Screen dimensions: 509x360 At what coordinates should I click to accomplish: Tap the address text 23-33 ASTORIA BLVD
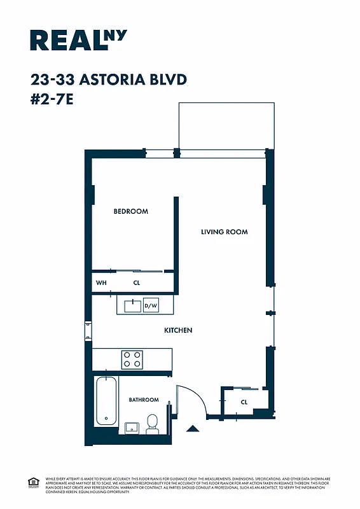(108, 80)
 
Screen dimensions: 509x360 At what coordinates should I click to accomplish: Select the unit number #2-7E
(52, 99)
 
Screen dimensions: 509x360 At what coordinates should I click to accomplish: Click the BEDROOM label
(130, 211)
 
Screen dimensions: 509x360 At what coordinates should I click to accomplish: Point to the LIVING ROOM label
(224, 232)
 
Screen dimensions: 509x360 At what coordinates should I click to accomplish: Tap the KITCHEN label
(178, 330)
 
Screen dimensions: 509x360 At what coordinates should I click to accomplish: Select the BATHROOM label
(144, 400)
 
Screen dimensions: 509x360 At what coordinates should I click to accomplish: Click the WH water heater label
(100, 282)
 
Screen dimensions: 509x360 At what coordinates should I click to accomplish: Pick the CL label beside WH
(136, 282)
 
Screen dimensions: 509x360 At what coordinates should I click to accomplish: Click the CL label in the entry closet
(244, 402)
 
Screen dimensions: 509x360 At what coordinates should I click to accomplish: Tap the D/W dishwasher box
(151, 305)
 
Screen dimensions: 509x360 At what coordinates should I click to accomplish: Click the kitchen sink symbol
(133, 305)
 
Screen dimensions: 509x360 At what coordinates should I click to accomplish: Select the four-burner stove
(132, 359)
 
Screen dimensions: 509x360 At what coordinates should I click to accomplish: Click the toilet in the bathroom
(153, 424)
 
